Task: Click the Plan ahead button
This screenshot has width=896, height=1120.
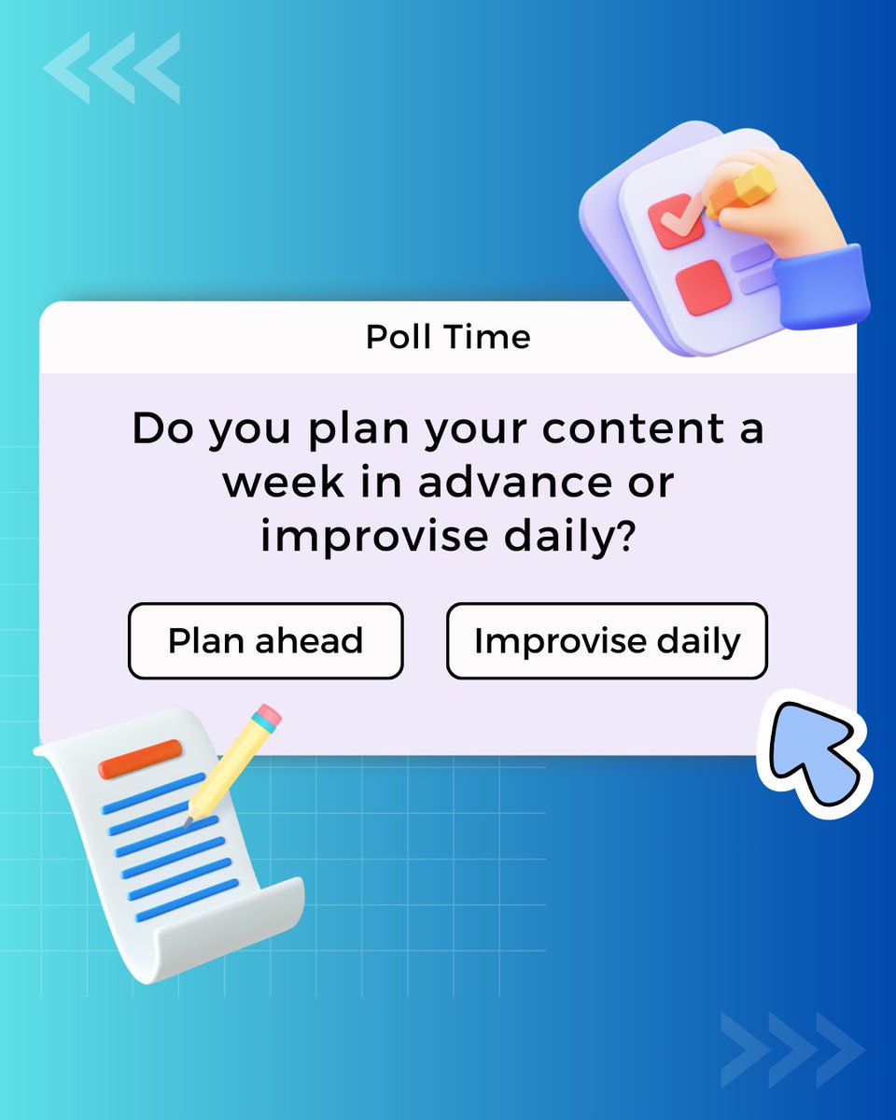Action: coord(265,640)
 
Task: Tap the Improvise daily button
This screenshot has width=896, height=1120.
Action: coord(607,640)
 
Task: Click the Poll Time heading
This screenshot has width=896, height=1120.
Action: coord(448,337)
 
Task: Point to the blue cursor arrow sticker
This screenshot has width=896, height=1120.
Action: coord(815,753)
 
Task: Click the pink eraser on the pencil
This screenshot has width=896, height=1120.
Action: coord(270,714)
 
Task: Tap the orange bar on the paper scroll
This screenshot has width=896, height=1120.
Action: coord(140,759)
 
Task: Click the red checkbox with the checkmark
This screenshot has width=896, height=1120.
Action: coord(677,220)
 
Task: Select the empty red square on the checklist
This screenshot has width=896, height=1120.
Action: coord(704,287)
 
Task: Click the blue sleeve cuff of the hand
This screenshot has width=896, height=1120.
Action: coord(821,287)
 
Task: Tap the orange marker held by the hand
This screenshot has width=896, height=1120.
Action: coord(741,191)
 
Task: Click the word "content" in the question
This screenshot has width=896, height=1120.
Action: coord(634,428)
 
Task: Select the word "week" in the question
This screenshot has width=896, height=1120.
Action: coord(284,483)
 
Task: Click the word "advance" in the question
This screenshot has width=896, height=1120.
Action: coord(515,483)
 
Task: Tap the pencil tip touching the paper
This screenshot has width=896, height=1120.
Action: coord(188,821)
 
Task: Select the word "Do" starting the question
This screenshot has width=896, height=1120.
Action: coord(163,428)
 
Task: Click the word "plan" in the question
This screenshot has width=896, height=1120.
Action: coord(358,433)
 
